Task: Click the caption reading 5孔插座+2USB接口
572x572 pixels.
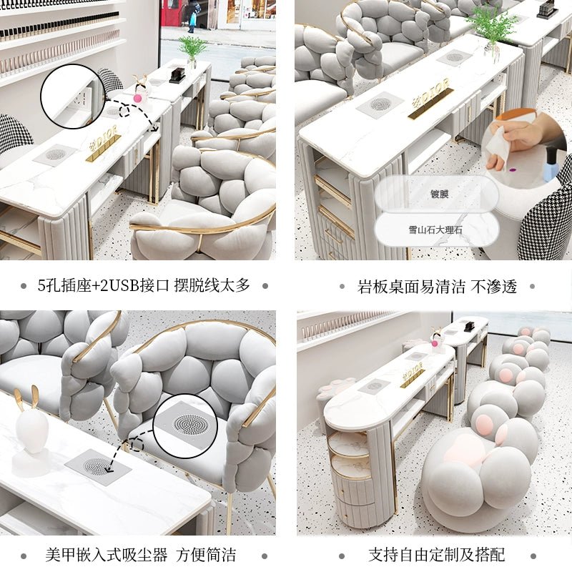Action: [103, 285]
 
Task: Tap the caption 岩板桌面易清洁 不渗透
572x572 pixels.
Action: [437, 287]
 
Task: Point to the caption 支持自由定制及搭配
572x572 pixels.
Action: [437, 555]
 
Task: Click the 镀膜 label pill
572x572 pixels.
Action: [437, 194]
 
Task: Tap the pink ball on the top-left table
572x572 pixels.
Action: [137, 98]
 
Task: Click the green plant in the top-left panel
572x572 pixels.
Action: [192, 51]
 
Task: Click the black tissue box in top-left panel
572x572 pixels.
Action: [177, 75]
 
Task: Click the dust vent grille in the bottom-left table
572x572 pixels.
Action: [97, 466]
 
